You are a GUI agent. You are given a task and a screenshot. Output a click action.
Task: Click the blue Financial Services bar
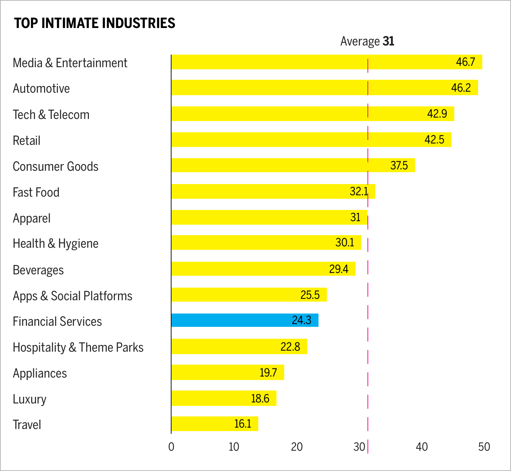coord(245,320)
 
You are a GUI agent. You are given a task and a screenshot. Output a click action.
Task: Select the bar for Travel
coord(215,424)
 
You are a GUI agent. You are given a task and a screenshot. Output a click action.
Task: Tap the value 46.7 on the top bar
coord(465,62)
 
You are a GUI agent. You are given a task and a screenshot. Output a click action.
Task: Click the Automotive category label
coord(41,89)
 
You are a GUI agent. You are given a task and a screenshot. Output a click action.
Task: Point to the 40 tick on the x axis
coord(422,447)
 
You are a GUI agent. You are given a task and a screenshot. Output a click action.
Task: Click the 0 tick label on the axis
coord(171,447)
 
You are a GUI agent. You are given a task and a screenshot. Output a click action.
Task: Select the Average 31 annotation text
coord(367,41)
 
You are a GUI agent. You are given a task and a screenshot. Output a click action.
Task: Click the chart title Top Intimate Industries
coord(94,23)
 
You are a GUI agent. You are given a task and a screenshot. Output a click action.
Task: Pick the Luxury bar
coord(224,398)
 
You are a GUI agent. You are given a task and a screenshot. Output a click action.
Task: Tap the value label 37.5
coord(399,165)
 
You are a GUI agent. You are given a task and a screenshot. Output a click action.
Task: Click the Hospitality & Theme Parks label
coord(78,347)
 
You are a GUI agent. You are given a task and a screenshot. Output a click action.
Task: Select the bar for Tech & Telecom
coord(313,114)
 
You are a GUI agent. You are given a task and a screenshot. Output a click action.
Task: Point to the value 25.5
coord(310,295)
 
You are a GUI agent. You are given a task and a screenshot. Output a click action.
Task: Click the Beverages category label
coord(38,270)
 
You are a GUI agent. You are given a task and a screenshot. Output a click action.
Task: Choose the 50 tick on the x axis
coord(484,447)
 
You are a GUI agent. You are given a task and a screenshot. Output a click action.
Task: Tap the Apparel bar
coord(269,217)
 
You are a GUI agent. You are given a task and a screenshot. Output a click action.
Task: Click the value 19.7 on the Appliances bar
coord(268,373)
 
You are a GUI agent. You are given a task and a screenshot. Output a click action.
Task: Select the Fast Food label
coord(36,192)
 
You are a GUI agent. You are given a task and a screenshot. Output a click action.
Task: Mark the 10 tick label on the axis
coord(234,447)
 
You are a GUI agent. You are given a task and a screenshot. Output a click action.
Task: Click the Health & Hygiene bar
coord(266,242)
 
